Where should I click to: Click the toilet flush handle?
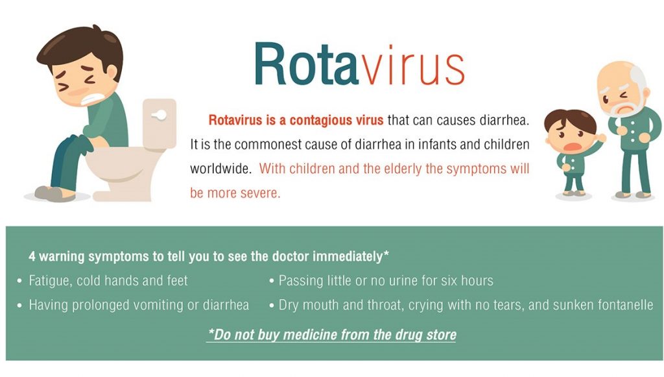160,115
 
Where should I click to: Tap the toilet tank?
160,123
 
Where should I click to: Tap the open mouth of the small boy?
571,147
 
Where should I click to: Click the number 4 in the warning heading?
32,256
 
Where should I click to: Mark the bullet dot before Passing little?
272,281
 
